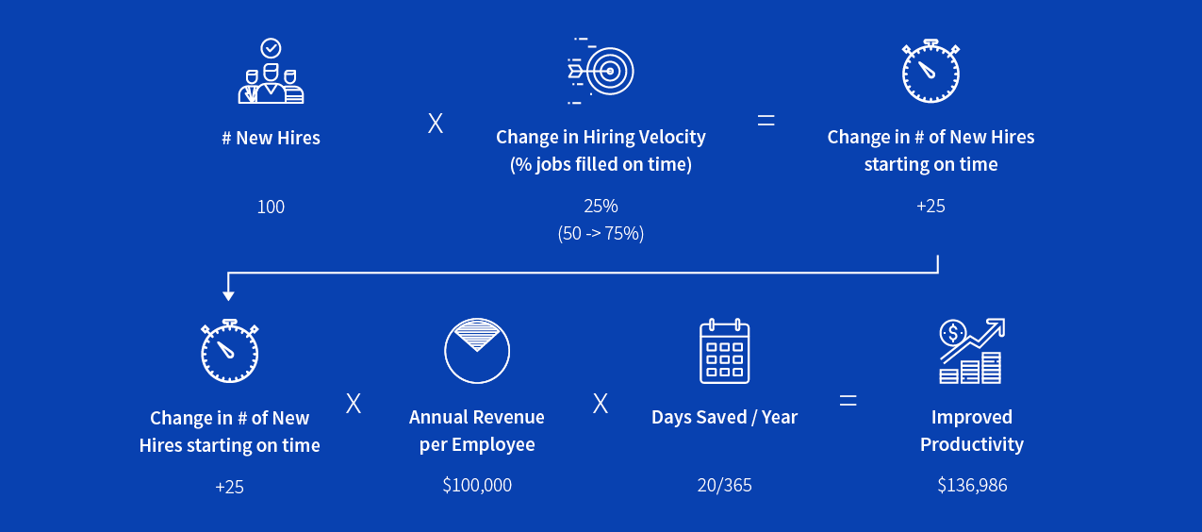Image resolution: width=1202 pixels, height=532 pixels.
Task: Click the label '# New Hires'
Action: (x=271, y=138)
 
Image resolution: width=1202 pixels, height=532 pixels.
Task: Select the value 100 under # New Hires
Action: (x=271, y=207)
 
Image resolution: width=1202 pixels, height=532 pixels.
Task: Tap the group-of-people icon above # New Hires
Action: (x=271, y=83)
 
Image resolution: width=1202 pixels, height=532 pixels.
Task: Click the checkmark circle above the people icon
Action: (x=271, y=48)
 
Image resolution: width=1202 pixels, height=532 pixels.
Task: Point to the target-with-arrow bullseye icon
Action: (x=601, y=71)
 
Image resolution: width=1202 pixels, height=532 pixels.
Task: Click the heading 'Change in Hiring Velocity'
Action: (x=601, y=137)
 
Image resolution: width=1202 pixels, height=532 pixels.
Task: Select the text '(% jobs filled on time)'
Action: (x=601, y=164)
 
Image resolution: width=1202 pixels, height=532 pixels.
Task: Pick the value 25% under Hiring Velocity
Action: (x=601, y=206)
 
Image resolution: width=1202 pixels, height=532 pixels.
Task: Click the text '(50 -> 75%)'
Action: (x=601, y=233)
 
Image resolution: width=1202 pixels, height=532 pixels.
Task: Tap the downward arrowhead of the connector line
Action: (x=228, y=296)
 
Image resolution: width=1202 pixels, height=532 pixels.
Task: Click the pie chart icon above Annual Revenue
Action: (x=477, y=351)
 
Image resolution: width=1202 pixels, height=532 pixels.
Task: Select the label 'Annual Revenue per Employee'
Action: (x=477, y=430)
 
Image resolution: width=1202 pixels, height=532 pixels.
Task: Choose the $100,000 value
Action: (x=477, y=485)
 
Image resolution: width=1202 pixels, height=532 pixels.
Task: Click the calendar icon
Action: (x=724, y=351)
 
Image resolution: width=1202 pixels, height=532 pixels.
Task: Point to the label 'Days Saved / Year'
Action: (x=724, y=417)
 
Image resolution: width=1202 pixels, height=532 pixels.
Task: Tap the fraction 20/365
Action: (x=724, y=485)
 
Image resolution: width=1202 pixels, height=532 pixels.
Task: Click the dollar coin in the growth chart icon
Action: (x=952, y=333)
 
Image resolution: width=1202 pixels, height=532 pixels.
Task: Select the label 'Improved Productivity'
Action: (x=972, y=430)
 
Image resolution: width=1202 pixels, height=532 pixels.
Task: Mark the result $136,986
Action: (x=972, y=485)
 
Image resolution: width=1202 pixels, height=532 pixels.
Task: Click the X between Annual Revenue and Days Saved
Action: (x=601, y=403)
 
